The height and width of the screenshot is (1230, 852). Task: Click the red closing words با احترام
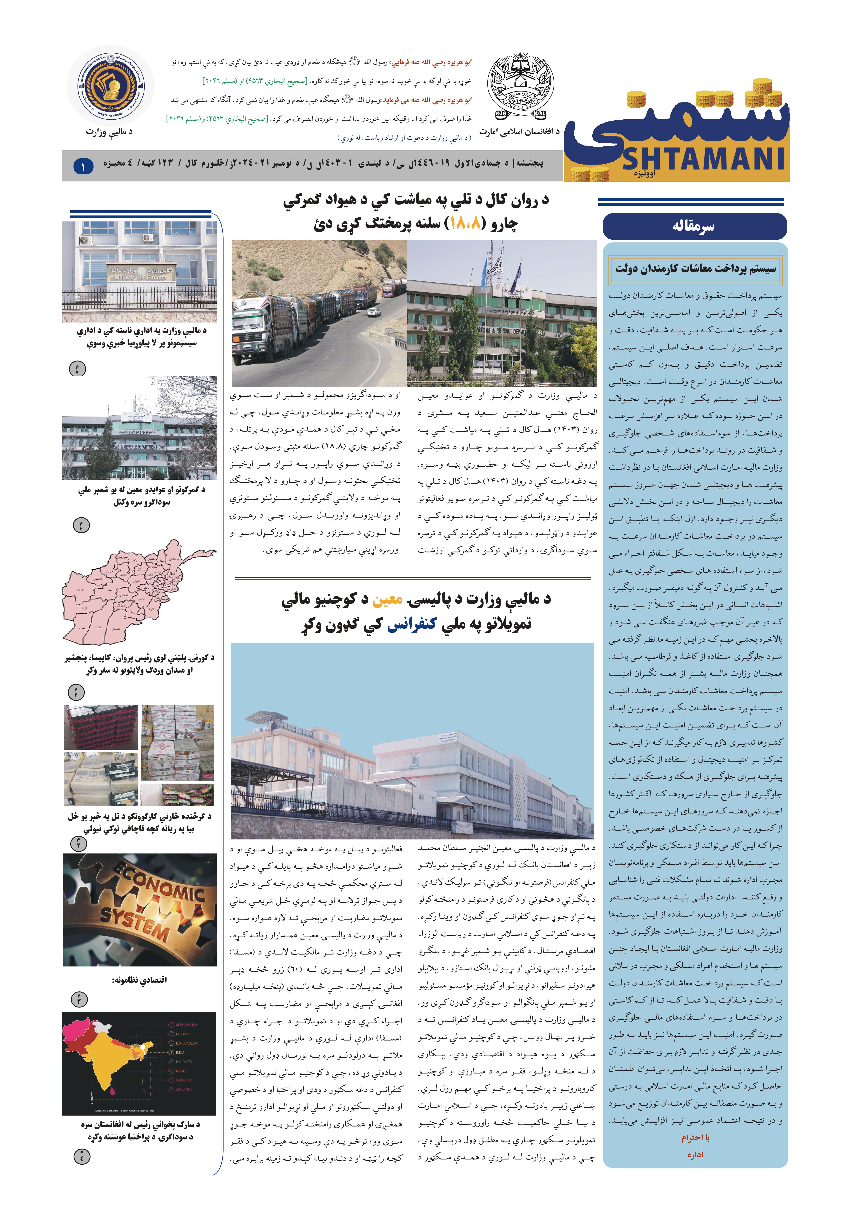[x=695, y=1138]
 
